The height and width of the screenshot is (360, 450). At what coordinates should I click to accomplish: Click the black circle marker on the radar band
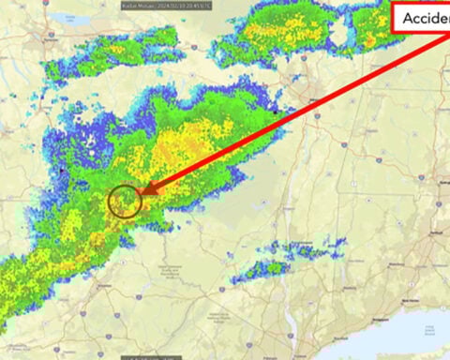[x=124, y=200]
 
